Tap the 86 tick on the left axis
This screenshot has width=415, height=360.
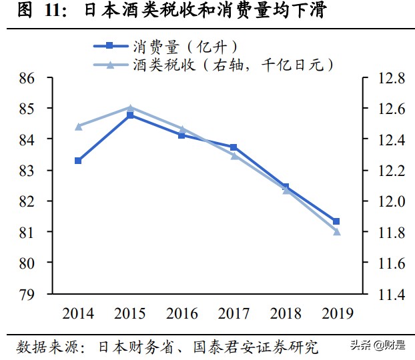[x=27, y=79]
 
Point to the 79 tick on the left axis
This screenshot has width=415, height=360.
[x=27, y=294]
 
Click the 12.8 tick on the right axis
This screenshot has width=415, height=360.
[x=390, y=79]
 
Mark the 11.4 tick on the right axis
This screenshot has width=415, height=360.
[x=390, y=294]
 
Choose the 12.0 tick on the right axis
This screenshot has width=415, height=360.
[x=390, y=201]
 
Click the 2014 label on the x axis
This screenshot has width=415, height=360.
[x=78, y=313]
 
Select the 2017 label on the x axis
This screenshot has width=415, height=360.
[x=234, y=313]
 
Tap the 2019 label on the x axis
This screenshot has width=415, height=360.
[x=337, y=313]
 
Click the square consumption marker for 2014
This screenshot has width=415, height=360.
[x=78, y=161]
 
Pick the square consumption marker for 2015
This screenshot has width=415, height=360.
[x=130, y=115]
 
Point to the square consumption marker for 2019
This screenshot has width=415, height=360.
[x=337, y=221]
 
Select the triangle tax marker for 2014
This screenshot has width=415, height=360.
[x=78, y=126]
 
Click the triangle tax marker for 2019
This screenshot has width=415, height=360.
[x=337, y=232]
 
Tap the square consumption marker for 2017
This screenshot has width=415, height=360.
[x=234, y=147]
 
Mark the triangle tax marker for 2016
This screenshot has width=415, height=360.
[x=181, y=129]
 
